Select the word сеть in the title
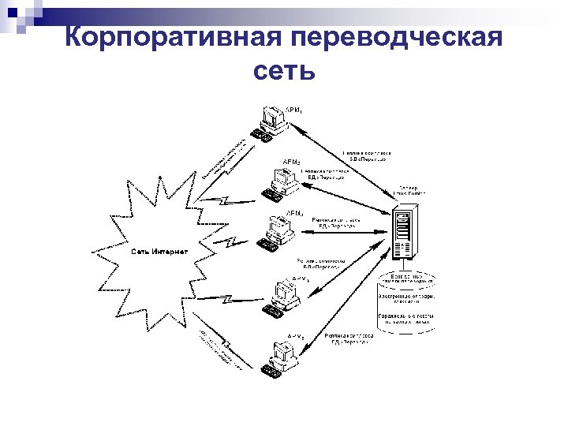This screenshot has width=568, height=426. tap(284, 71)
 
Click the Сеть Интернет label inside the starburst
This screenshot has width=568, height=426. tap(159, 252)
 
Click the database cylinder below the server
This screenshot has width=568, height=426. tap(406, 304)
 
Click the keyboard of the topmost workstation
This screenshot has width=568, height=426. tap(261, 136)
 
